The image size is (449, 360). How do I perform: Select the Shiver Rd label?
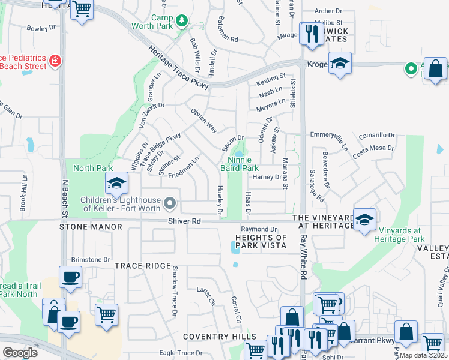click(x=185, y=221)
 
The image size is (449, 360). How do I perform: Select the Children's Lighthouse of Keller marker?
click(x=170, y=204)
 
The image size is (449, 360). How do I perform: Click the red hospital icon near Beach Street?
click(x=55, y=61)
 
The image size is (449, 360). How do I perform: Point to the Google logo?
click(x=20, y=352)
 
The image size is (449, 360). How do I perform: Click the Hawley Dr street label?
click(x=220, y=200)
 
